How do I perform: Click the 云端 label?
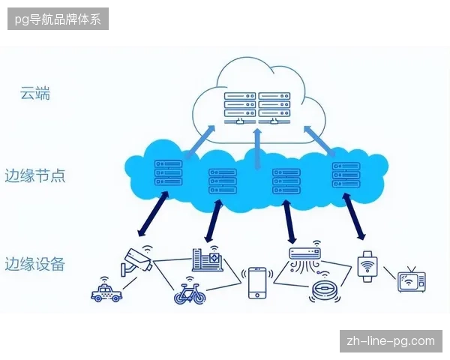click(35, 93)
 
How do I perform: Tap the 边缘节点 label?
click(35, 175)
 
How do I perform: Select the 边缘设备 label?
click(34, 264)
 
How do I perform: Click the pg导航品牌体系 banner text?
click(58, 19)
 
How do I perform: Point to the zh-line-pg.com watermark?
click(391, 341)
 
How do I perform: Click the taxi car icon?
click(106, 290)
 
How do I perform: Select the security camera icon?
click(136, 261)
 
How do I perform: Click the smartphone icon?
click(257, 283)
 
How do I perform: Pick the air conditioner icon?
click(304, 256)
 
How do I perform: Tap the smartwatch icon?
click(367, 266)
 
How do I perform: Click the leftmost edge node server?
click(169, 172)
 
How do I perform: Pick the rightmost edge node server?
click(346, 175)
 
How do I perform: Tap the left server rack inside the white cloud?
click(240, 108)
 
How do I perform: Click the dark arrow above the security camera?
click(153, 214)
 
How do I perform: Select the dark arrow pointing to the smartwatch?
click(354, 216)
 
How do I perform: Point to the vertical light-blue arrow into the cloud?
click(258, 149)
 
